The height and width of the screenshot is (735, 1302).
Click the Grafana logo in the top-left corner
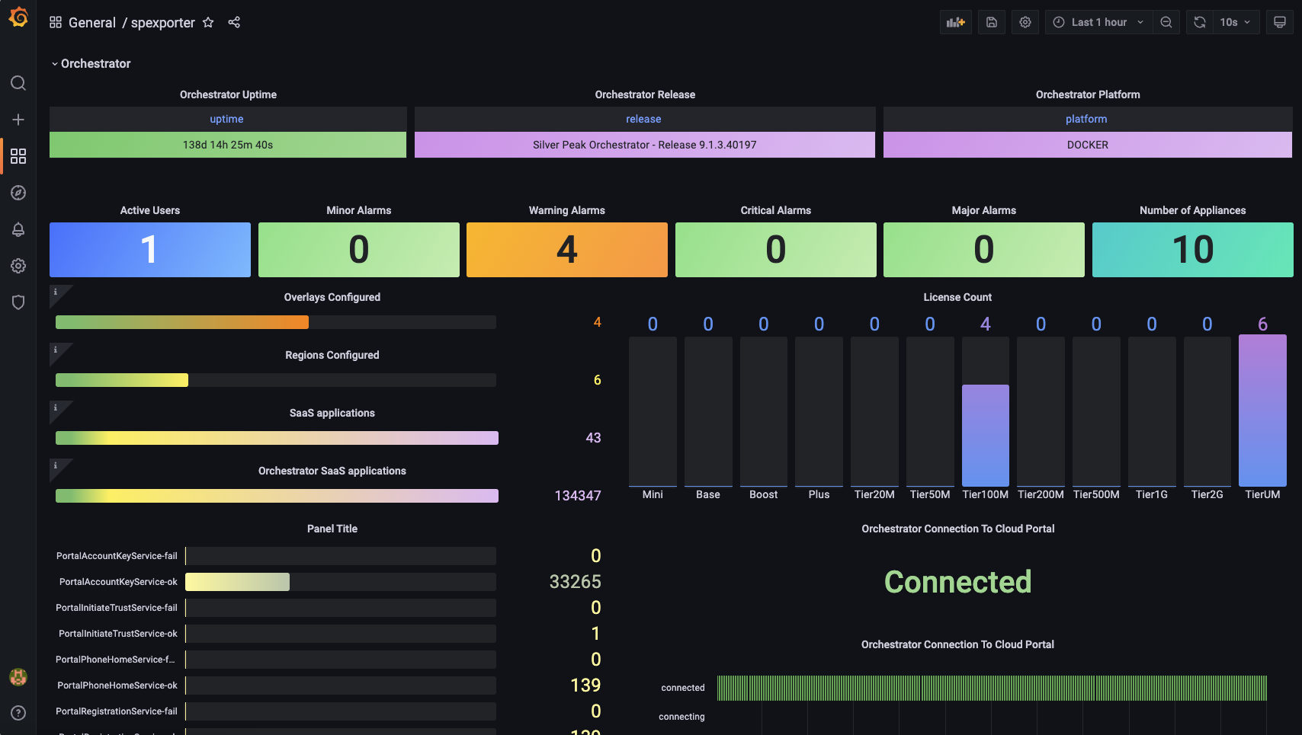click(18, 17)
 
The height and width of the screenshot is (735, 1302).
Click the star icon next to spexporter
click(208, 23)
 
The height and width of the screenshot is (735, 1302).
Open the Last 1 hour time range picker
click(1098, 23)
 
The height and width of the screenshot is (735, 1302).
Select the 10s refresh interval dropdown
click(1234, 23)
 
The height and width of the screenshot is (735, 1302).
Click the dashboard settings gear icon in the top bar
click(1025, 23)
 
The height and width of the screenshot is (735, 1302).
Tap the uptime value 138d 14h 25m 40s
click(227, 145)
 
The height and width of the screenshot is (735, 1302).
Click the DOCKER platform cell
click(1087, 145)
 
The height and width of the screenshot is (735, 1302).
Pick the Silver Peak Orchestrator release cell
click(644, 145)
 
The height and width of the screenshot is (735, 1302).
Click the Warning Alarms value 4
click(566, 250)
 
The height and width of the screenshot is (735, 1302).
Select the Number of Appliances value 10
click(1192, 250)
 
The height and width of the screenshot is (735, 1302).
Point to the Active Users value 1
click(149, 250)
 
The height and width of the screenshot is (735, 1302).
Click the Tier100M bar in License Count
click(985, 435)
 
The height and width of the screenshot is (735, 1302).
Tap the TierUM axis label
click(1262, 495)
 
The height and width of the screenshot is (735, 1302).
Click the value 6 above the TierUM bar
click(1262, 324)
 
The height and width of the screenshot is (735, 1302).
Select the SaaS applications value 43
click(593, 438)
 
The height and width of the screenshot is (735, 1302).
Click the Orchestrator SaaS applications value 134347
click(577, 496)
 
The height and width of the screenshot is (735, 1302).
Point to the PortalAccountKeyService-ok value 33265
click(575, 582)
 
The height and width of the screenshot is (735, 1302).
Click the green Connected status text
click(957, 582)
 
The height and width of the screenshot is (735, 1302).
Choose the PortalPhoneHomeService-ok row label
click(117, 685)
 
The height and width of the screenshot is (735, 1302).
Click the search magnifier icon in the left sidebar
click(18, 83)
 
